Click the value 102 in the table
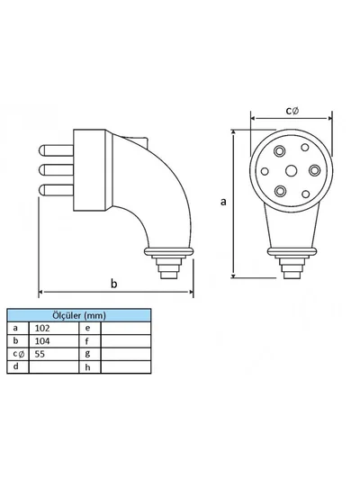pos(42,328)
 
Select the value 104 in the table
pos(42,341)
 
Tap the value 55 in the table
pos(40,354)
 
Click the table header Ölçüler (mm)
pos(79,315)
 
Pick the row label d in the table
pos(16,367)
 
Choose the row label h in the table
pos(88,367)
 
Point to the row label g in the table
pos(88,354)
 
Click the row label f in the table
pos(87,341)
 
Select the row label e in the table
pos(88,328)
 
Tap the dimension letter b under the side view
pos(113,284)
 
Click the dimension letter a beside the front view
pos(223,202)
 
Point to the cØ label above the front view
pos(292,111)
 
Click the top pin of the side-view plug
pos(56,150)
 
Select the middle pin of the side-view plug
pos(56,170)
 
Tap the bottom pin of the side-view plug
pos(56,190)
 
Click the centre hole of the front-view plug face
pos(291,170)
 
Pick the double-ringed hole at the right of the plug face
pos(314,170)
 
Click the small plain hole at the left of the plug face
pos(265,171)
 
